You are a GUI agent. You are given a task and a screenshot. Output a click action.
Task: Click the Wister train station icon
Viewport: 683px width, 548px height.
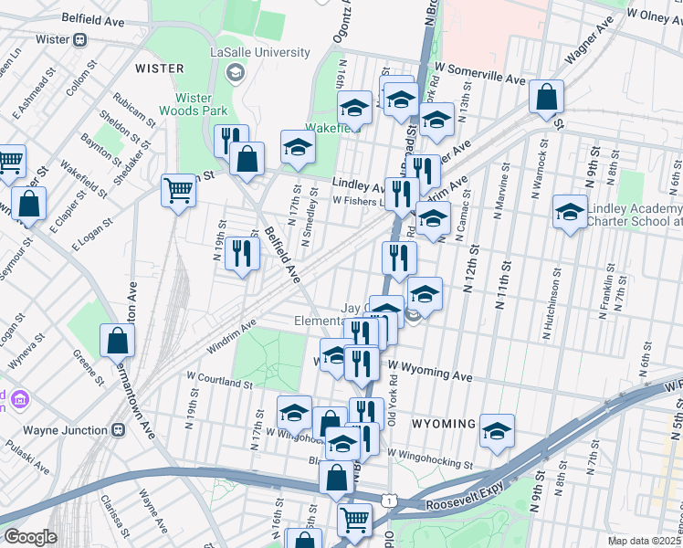(x=80, y=40)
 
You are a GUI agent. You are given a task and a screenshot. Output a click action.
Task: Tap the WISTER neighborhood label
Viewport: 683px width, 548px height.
(x=159, y=68)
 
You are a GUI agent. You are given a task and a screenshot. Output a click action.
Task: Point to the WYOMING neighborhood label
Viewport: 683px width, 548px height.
(x=444, y=425)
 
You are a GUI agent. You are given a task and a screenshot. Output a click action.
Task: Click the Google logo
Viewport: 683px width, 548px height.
(x=30, y=537)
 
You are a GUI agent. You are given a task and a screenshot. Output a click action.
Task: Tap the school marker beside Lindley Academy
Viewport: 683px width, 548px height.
(x=570, y=214)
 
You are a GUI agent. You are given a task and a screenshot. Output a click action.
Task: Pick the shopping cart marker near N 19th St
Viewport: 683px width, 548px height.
(x=178, y=190)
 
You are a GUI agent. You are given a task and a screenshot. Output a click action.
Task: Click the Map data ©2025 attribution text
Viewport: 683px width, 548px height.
(x=645, y=541)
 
